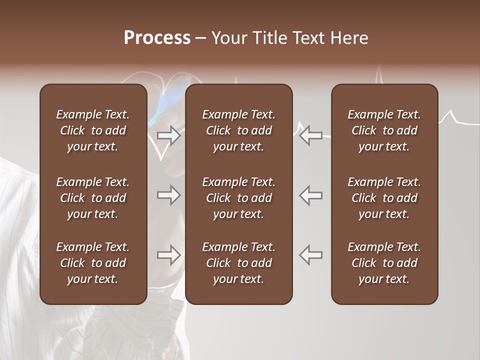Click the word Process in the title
click(157, 38)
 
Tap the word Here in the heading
click(349, 38)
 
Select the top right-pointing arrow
click(168, 135)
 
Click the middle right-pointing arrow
click(168, 195)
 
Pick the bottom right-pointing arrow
click(168, 255)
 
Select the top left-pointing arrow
click(310, 135)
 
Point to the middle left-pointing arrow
click(310, 195)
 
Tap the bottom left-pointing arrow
click(310, 255)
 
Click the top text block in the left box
click(93, 130)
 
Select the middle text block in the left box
click(93, 198)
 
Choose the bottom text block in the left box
click(93, 263)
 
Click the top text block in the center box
click(239, 130)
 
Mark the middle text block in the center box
click(239, 198)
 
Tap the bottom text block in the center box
click(239, 263)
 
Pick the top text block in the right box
click(384, 130)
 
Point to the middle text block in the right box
click(384, 198)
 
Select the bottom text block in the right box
click(384, 263)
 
